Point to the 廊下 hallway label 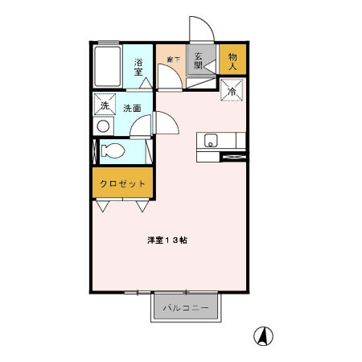click(x=171, y=59)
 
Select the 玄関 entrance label click(x=200, y=60)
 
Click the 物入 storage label click(x=232, y=61)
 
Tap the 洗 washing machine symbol click(x=103, y=106)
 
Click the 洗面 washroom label click(x=134, y=108)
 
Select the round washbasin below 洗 click(x=102, y=127)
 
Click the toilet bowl click(x=113, y=150)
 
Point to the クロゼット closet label click(x=122, y=183)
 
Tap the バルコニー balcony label click(x=185, y=307)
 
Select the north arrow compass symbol click(x=262, y=335)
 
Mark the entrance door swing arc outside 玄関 click(x=200, y=29)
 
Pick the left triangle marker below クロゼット click(x=103, y=207)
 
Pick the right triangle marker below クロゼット click(x=142, y=207)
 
